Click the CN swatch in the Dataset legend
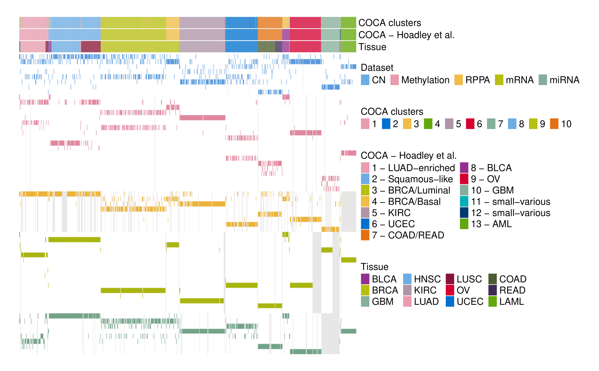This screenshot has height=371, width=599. coord(365,80)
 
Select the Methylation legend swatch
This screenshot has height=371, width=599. coord(394,80)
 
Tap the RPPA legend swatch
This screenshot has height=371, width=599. coord(458,80)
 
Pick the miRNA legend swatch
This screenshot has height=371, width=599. coord(543,80)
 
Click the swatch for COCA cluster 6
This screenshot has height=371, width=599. coord(470,124)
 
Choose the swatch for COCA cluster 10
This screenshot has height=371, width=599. coord(554,124)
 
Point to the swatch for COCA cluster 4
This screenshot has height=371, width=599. coord(428,124)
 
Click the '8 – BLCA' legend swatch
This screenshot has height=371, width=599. coord(464,168)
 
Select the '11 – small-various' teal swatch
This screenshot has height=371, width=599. coord(464,201)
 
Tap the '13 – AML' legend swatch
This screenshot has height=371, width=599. coord(464,224)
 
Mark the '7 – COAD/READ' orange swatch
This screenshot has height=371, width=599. coord(365,235)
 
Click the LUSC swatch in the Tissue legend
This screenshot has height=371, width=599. coord(450,279)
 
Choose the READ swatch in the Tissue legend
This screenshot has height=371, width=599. coord(493,290)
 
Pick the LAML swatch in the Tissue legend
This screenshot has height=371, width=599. coord(493,302)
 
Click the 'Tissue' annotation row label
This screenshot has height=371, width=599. coord(372,47)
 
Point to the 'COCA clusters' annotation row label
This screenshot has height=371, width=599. coord(390,23)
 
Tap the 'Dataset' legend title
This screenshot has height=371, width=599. coord(377,68)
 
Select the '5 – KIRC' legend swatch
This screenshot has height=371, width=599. coord(365,213)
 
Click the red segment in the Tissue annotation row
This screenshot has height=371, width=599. coord(305,47)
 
